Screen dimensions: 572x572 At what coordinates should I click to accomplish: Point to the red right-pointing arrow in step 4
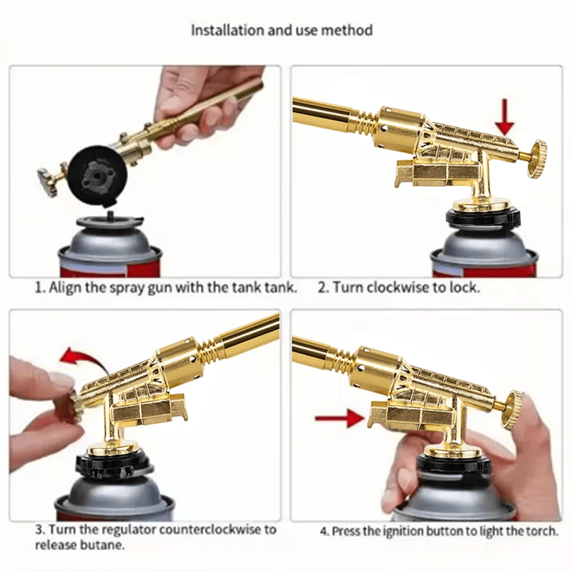click(336, 418)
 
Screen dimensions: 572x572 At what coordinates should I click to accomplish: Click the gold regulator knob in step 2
click(535, 159)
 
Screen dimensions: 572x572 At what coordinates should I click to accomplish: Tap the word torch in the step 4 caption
click(541, 531)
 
